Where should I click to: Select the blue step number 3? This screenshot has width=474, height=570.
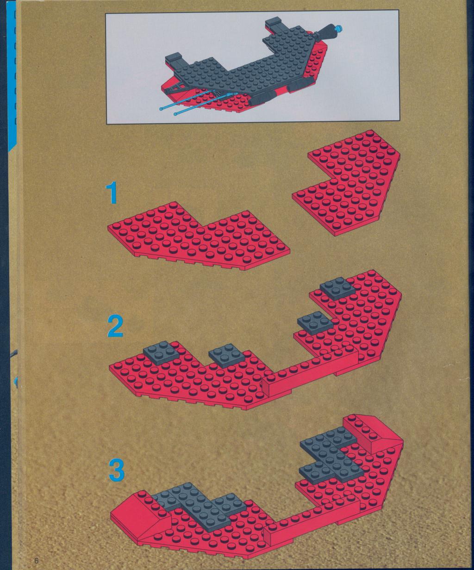click(117, 470)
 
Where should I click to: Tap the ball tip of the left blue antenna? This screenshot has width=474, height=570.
click(161, 109)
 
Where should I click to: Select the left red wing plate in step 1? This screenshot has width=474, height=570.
click(199, 235)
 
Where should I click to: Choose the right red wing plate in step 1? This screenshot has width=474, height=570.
click(346, 182)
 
